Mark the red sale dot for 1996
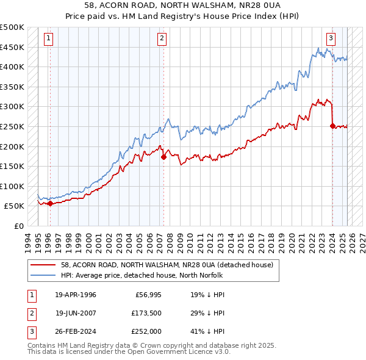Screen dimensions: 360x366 (50, 203)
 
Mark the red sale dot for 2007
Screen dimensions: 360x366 (163, 157)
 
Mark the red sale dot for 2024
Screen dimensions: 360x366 (332, 126)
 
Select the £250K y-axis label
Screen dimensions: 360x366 (12, 126)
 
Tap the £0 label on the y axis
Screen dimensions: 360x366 (18, 226)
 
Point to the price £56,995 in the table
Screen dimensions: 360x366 (146, 294)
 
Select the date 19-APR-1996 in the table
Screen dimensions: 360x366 (76, 294)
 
